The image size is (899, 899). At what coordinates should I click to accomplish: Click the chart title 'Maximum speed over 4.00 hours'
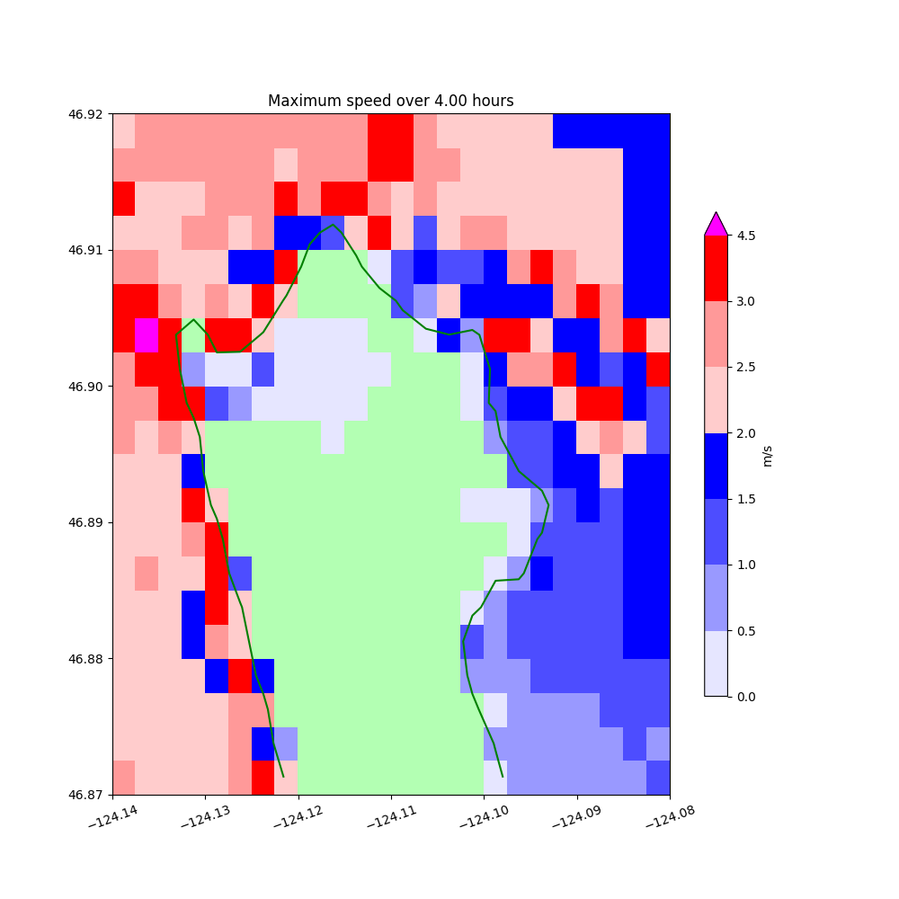pyautogui.click(x=390, y=101)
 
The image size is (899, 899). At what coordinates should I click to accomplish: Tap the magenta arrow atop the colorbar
pyautogui.click(x=716, y=225)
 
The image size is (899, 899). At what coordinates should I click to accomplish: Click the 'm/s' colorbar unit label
pyautogui.click(x=767, y=456)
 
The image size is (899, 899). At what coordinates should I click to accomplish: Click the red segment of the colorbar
pyautogui.click(x=716, y=268)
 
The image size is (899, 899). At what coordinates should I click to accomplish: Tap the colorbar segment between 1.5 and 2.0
pyautogui.click(x=716, y=466)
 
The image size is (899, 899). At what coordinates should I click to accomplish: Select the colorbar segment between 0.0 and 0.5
pyautogui.click(x=716, y=663)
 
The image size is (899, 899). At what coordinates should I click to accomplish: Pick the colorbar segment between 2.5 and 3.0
pyautogui.click(x=716, y=334)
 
